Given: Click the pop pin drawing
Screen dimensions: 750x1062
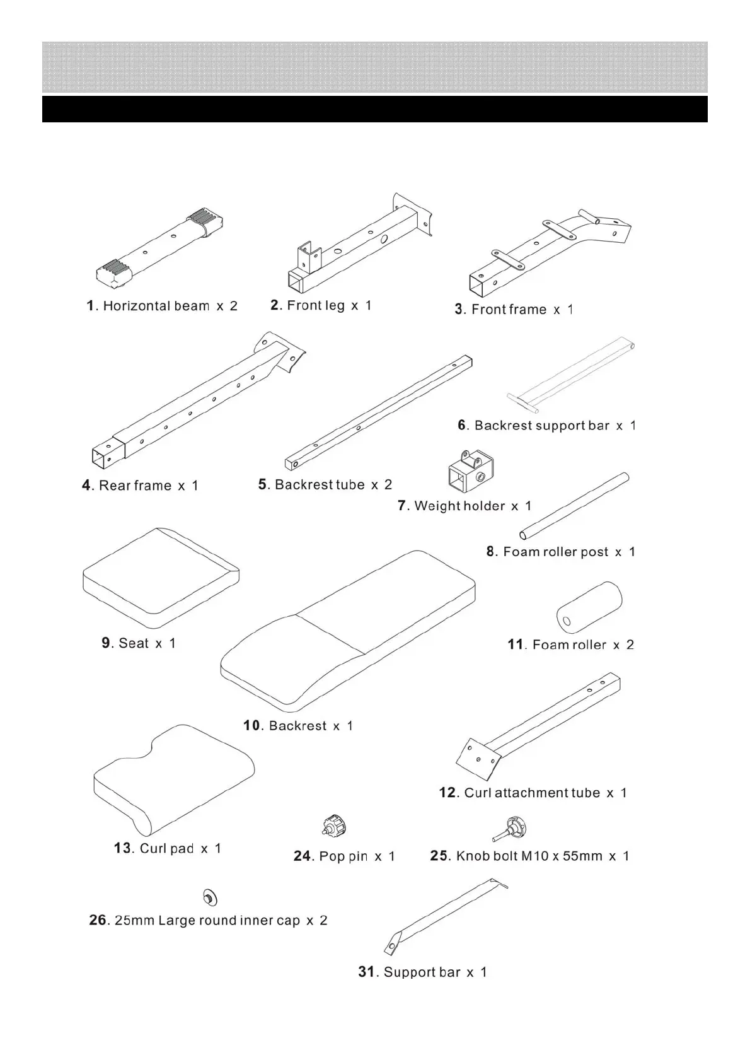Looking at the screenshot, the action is [334, 826].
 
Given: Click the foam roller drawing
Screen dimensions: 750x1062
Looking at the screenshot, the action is [589, 607].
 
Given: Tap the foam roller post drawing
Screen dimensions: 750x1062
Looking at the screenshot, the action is [574, 505].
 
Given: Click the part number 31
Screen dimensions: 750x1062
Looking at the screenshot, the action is [366, 972].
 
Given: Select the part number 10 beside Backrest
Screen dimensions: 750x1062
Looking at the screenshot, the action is [252, 725].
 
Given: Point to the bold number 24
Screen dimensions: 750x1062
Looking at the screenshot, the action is [303, 856].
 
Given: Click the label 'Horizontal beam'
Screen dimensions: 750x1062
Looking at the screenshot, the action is [156, 306].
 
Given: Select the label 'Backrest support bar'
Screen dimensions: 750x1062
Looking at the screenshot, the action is [541, 426].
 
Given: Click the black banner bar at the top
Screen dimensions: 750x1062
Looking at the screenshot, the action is [374, 109].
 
